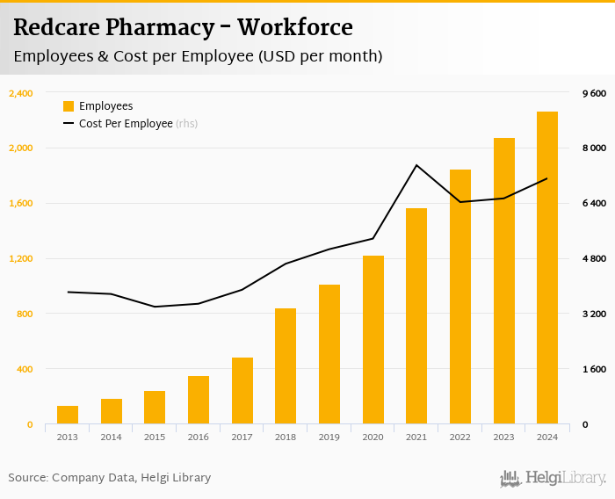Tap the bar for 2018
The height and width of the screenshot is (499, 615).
[286, 366]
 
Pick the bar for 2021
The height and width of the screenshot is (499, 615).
[416, 316]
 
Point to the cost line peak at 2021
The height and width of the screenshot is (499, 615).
[416, 165]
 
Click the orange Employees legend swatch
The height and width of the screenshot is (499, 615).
[69, 106]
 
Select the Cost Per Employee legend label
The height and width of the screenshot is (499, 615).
[126, 124]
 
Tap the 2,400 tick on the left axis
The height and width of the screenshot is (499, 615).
[20, 93]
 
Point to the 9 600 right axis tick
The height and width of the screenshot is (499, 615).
[594, 93]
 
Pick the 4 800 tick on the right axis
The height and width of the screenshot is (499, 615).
[594, 258]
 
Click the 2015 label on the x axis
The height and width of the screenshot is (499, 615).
[155, 437]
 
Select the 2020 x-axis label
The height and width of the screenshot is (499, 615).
[373, 437]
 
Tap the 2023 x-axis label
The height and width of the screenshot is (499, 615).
[503, 437]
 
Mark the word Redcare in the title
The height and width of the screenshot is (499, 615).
[55, 27]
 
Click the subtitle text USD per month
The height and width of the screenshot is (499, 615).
[321, 57]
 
